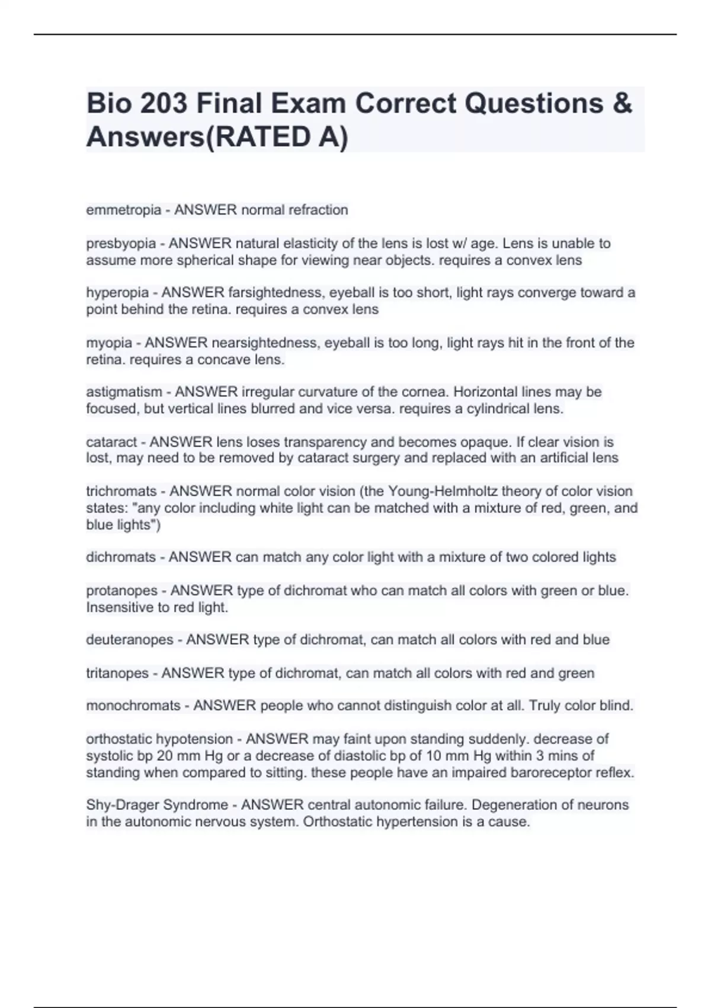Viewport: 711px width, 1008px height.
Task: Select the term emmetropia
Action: [123, 210]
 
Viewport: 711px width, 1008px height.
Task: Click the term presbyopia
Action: [121, 244]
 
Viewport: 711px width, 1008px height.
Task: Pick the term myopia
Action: [109, 343]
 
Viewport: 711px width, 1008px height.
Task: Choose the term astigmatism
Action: [124, 392]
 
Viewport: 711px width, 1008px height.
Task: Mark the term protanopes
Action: [121, 591]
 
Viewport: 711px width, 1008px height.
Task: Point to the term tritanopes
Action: [117, 674]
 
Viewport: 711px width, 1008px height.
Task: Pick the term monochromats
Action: [133, 706]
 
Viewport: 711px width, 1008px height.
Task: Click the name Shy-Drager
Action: [122, 805]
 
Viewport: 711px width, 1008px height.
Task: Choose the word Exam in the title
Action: [309, 103]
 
